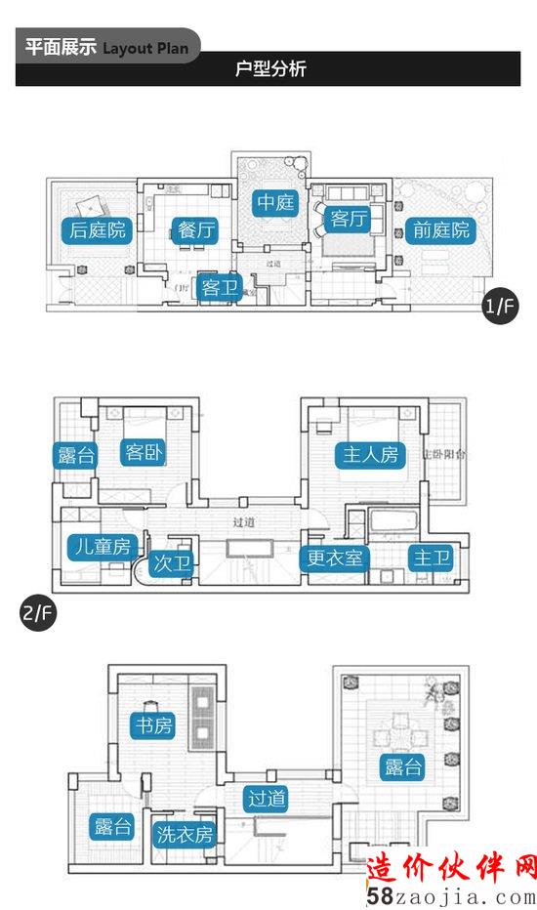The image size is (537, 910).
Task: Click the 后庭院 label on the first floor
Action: pos(99,230)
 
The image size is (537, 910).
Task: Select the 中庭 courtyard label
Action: pos(274,202)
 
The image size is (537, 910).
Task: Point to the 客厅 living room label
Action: pos(349,219)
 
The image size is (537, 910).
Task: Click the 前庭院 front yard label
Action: pos(441,230)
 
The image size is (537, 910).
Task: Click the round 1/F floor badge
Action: pos(499,308)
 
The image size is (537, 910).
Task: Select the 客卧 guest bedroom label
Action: pos(145,452)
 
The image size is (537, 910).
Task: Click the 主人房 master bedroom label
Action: pos(372,454)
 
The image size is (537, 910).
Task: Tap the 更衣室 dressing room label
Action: pos(334,558)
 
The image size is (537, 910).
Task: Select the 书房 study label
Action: pos(153,724)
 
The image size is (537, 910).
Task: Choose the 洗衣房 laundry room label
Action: pos(185,835)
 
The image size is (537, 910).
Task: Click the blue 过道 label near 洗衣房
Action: pos(267,799)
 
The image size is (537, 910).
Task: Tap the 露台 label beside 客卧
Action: pos(72,454)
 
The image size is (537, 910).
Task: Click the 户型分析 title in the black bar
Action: pos(270,69)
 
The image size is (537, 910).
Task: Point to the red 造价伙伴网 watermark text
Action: pos(452,866)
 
